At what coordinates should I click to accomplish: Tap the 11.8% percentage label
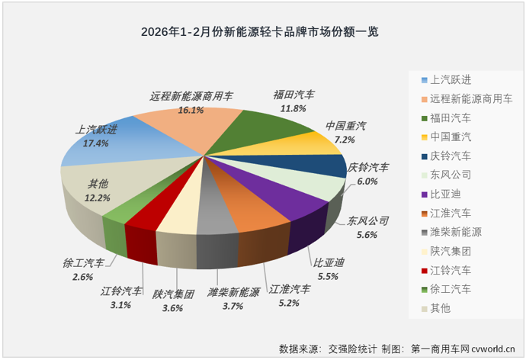coord(293,109)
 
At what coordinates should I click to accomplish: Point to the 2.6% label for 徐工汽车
coord(79,277)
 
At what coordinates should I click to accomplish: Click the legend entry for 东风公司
coord(451,175)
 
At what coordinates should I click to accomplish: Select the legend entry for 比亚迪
coord(445,194)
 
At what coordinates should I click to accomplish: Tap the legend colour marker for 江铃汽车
coord(423,270)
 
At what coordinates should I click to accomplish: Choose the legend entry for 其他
coord(440,308)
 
